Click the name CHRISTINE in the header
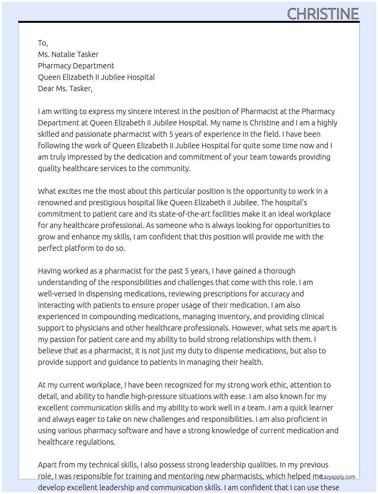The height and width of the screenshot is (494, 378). coord(323,14)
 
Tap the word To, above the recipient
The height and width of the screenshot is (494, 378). coord(43,43)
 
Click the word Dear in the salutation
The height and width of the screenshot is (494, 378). coord(46,89)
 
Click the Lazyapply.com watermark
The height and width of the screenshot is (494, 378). coord(338,477)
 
